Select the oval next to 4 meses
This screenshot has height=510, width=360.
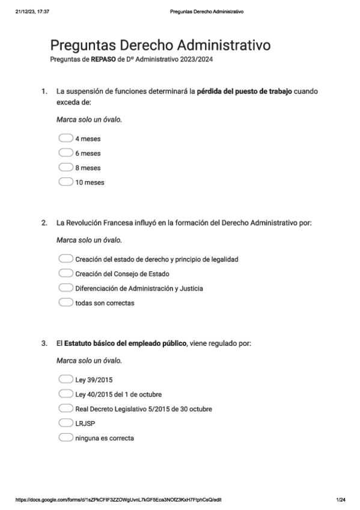[66, 138]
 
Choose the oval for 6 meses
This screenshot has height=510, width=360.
[66, 153]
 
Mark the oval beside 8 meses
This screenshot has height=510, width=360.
[66, 167]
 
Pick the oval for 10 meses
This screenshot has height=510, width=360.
[66, 182]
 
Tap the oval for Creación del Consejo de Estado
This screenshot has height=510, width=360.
[66, 274]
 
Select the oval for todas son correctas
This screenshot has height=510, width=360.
[66, 303]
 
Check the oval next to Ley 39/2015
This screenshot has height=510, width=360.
[66, 379]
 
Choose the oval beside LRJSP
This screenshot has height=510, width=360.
[66, 423]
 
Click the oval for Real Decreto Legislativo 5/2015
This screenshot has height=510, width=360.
[66, 408]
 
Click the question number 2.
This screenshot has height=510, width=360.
[43, 223]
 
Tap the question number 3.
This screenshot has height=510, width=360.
[43, 343]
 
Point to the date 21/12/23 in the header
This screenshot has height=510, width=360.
[26, 11]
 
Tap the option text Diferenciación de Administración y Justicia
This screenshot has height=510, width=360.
[139, 288]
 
